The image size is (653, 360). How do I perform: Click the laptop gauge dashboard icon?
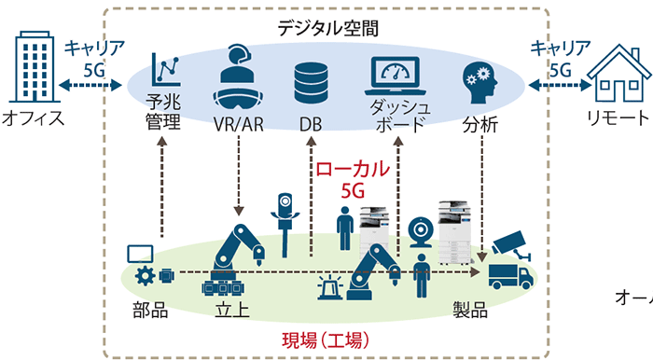(399, 75)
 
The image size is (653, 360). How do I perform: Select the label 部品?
(147, 310)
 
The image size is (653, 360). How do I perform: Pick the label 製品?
(472, 310)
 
